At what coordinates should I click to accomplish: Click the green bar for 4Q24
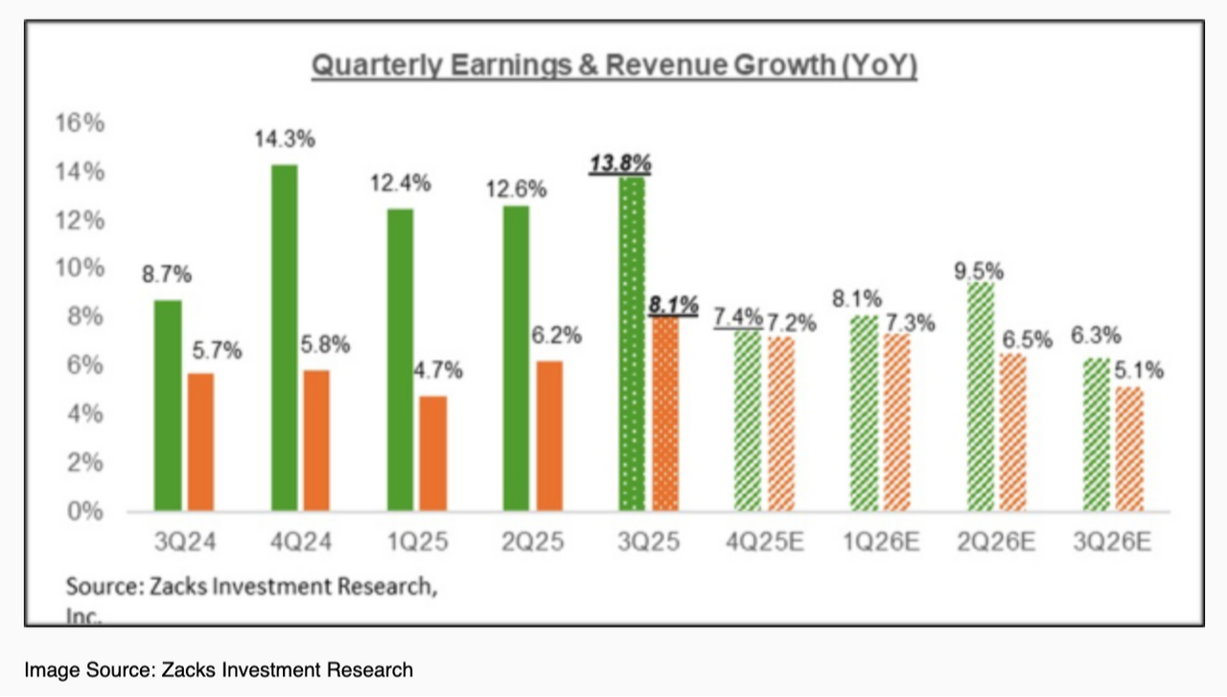click(285, 337)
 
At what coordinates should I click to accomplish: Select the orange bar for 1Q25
click(433, 453)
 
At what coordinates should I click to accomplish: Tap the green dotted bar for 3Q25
click(632, 344)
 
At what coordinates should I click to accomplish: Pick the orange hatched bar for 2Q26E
click(1013, 432)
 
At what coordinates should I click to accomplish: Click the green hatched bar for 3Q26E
click(1097, 434)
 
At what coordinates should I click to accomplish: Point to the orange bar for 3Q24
click(201, 442)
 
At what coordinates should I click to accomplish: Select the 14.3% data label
click(285, 139)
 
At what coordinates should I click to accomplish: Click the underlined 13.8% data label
click(620, 163)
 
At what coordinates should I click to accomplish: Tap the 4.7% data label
click(438, 371)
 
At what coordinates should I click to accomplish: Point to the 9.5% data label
click(979, 271)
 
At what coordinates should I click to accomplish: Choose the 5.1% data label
click(1139, 371)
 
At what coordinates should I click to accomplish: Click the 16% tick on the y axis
click(80, 123)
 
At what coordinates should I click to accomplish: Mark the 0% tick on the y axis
click(85, 511)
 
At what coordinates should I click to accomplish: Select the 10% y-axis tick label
click(80, 268)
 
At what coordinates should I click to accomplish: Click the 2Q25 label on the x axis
click(532, 542)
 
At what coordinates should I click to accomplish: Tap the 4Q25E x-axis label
click(765, 542)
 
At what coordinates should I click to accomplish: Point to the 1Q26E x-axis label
click(881, 542)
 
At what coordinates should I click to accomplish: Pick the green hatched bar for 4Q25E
click(748, 421)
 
